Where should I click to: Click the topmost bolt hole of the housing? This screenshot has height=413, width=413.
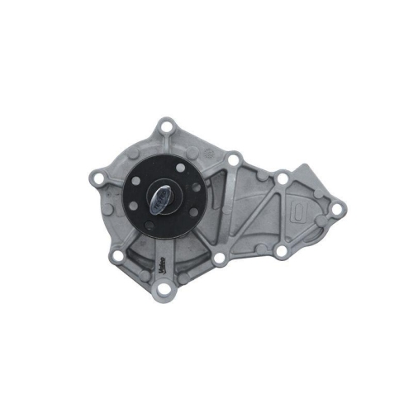pos(169,127)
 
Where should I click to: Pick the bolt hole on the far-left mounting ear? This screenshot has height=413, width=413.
pos(99,177)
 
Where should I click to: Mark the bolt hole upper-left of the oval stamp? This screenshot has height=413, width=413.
pos(282,177)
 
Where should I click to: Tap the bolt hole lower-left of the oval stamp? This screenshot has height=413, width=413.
pos(282,249)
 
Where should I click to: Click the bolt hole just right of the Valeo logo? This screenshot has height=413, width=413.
pos(219,259)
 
